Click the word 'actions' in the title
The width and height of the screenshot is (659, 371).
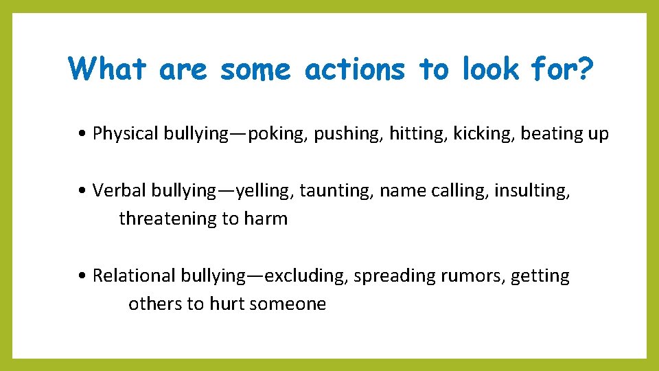click(354, 69)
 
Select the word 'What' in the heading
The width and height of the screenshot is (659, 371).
click(108, 69)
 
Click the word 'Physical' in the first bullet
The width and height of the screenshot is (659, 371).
click(126, 134)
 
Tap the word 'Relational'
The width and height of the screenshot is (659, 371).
click(135, 276)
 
